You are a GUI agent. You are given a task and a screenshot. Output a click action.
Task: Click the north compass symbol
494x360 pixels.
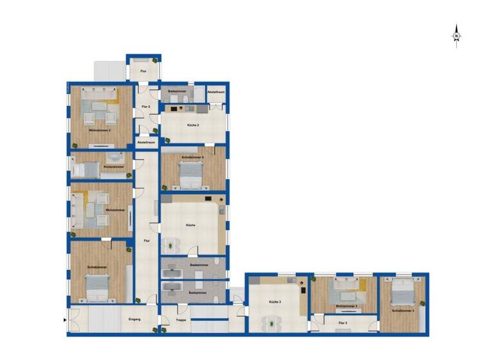[456, 35]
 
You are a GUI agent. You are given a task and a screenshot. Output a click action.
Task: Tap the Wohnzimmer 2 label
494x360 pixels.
[100, 130]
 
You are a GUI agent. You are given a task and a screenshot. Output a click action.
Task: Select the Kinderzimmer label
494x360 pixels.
[113, 166]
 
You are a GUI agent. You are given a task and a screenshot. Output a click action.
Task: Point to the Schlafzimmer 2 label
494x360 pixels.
[192, 157]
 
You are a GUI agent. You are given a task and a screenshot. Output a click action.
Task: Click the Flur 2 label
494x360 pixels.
[145, 107]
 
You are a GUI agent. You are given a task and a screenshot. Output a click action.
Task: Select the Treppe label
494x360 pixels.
[181, 319]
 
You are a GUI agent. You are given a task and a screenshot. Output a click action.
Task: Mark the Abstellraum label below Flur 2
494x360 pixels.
[146, 142]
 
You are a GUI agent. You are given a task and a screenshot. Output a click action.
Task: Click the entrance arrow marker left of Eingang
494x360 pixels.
[66, 319]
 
